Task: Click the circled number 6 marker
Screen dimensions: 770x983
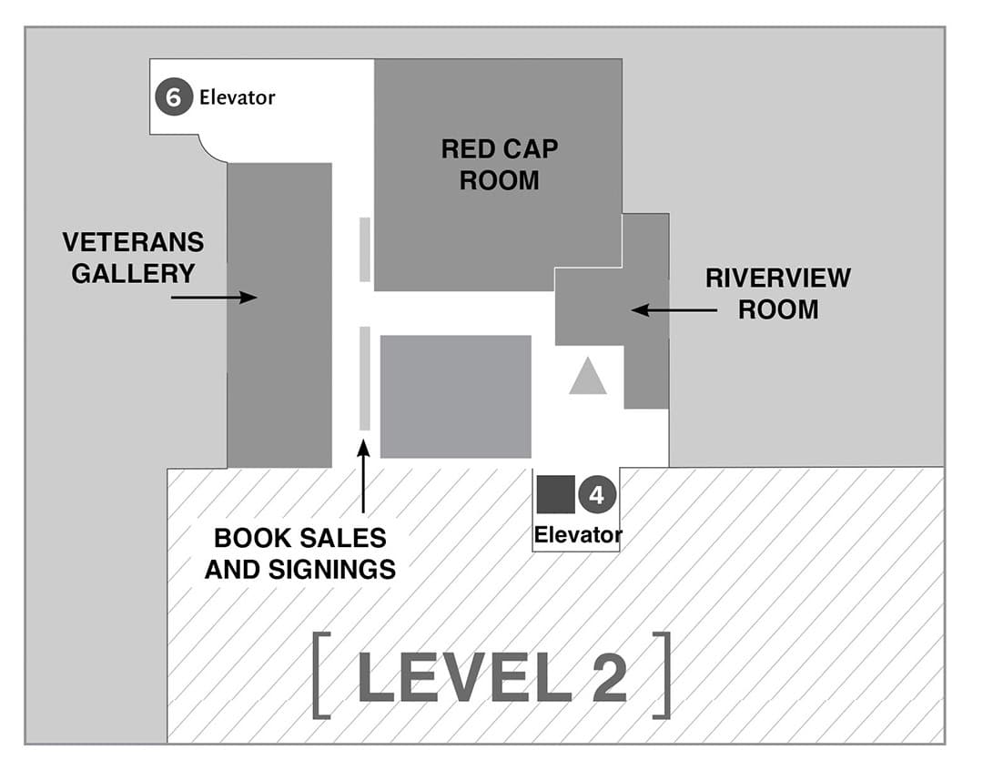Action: click(173, 96)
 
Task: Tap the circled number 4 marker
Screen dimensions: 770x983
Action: click(597, 495)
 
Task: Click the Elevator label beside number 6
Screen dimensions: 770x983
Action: click(237, 96)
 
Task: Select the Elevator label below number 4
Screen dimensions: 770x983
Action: click(578, 534)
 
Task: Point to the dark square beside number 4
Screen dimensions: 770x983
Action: click(555, 494)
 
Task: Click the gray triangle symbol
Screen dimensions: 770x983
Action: click(588, 376)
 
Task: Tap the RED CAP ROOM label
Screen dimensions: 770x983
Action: click(499, 165)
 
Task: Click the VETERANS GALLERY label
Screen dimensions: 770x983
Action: click(133, 258)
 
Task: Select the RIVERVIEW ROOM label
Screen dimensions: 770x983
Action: click(777, 293)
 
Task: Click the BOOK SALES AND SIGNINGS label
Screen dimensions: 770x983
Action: click(300, 553)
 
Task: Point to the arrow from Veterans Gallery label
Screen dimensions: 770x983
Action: click(214, 297)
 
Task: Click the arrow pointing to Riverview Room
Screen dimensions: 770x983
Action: click(674, 310)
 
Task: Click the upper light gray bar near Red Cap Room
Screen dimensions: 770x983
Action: click(365, 249)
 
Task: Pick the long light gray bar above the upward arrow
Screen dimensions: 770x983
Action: click(365, 378)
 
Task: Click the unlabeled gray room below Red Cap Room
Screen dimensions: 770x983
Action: click(455, 396)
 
